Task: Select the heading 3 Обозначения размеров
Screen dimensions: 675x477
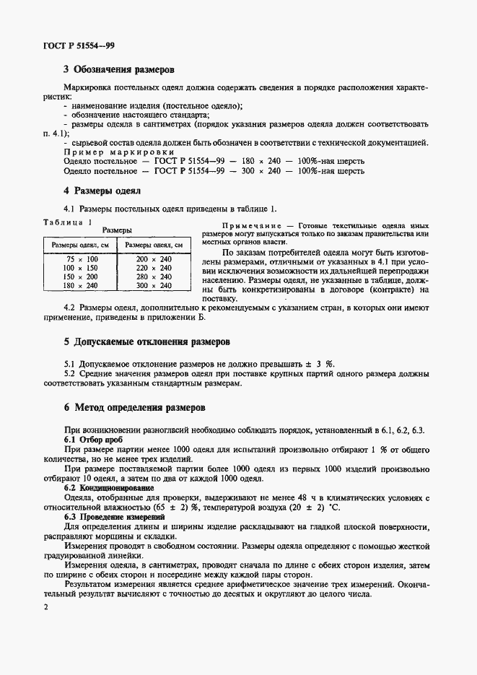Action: [119, 70]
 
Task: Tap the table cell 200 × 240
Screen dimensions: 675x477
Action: [154, 258]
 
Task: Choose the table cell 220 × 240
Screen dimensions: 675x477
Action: [154, 268]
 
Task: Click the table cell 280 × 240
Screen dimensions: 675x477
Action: [154, 276]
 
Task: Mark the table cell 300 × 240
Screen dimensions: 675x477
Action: [154, 286]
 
